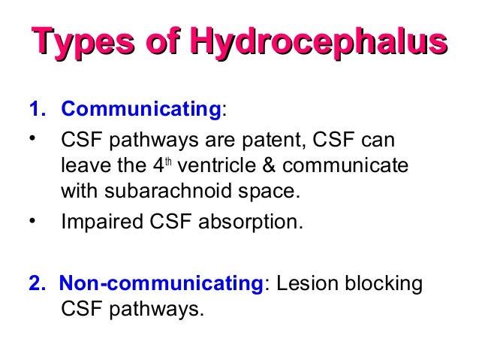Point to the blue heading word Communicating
(140, 110)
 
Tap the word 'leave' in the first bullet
(83, 165)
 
